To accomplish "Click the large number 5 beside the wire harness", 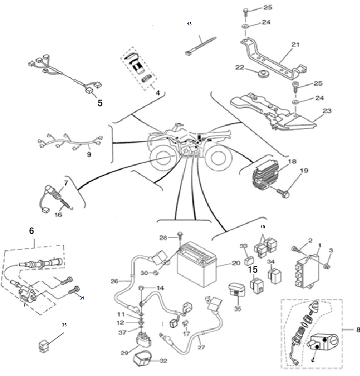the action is click(x=100, y=103).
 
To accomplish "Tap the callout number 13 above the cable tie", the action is click(x=189, y=24).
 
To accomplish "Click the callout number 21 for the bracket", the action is click(x=295, y=44).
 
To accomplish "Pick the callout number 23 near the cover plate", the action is click(x=327, y=111).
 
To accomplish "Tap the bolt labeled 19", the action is click(x=283, y=193).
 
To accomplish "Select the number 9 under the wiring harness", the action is click(x=89, y=155).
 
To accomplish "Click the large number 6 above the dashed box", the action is click(x=32, y=231).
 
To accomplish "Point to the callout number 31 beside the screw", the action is click(x=82, y=298).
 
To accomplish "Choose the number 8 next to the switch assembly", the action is click(x=358, y=330).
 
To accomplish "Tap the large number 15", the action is click(x=253, y=270).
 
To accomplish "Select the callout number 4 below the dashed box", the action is click(x=158, y=93).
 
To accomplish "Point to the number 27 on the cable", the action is click(x=201, y=347).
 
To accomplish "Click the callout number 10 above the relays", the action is click(x=263, y=227).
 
